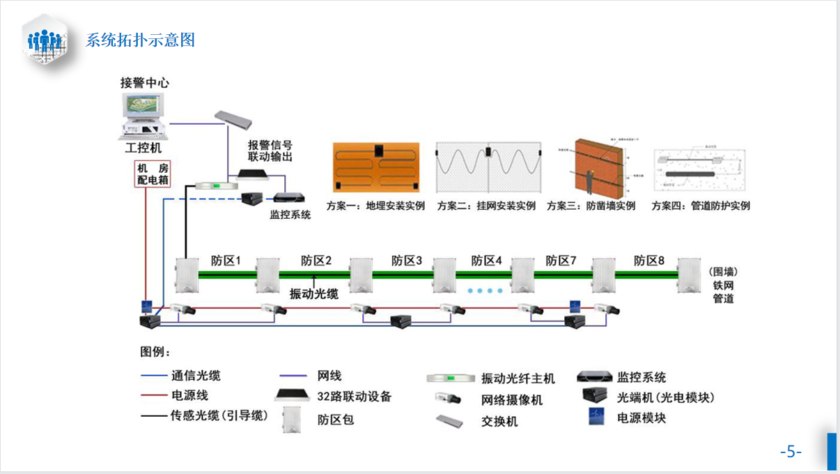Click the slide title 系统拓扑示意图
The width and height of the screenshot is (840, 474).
(140, 40)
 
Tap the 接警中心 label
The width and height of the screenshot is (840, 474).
(145, 82)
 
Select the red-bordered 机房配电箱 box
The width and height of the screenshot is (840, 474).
(152, 174)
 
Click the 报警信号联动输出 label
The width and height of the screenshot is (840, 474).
(270, 151)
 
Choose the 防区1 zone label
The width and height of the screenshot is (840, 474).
(226, 261)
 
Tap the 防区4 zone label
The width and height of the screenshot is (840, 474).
(486, 261)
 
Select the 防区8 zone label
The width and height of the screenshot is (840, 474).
(648, 261)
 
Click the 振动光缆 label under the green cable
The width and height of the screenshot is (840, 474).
(313, 293)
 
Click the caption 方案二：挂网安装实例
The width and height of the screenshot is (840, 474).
(486, 206)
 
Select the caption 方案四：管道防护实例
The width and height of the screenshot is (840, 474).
(701, 206)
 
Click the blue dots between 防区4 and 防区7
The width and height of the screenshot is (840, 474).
(484, 290)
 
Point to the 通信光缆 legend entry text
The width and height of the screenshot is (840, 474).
(196, 376)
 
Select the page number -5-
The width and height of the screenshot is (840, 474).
(791, 452)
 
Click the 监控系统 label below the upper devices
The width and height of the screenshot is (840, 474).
(290, 215)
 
